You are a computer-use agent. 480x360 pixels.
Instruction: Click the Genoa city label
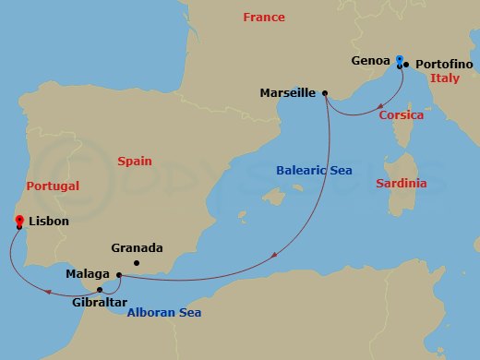click(373, 62)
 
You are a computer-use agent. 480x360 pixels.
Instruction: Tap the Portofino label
click(446, 64)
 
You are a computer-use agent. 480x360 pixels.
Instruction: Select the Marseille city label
click(288, 92)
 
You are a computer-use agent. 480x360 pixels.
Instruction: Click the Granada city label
click(136, 248)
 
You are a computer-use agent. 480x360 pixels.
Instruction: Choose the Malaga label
click(88, 274)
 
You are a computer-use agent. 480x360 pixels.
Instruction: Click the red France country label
click(263, 18)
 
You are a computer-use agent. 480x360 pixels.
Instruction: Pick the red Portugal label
click(53, 186)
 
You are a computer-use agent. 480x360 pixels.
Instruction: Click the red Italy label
click(445, 79)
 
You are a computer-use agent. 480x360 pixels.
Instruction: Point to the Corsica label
click(402, 115)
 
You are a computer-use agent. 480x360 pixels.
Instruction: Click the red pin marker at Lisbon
click(19, 220)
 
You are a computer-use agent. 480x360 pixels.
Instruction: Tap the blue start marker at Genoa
click(399, 61)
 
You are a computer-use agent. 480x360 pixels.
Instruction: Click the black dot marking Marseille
click(326, 92)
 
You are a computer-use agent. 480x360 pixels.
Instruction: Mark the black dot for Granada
click(136, 263)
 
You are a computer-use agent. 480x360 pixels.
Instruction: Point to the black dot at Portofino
click(406, 65)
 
